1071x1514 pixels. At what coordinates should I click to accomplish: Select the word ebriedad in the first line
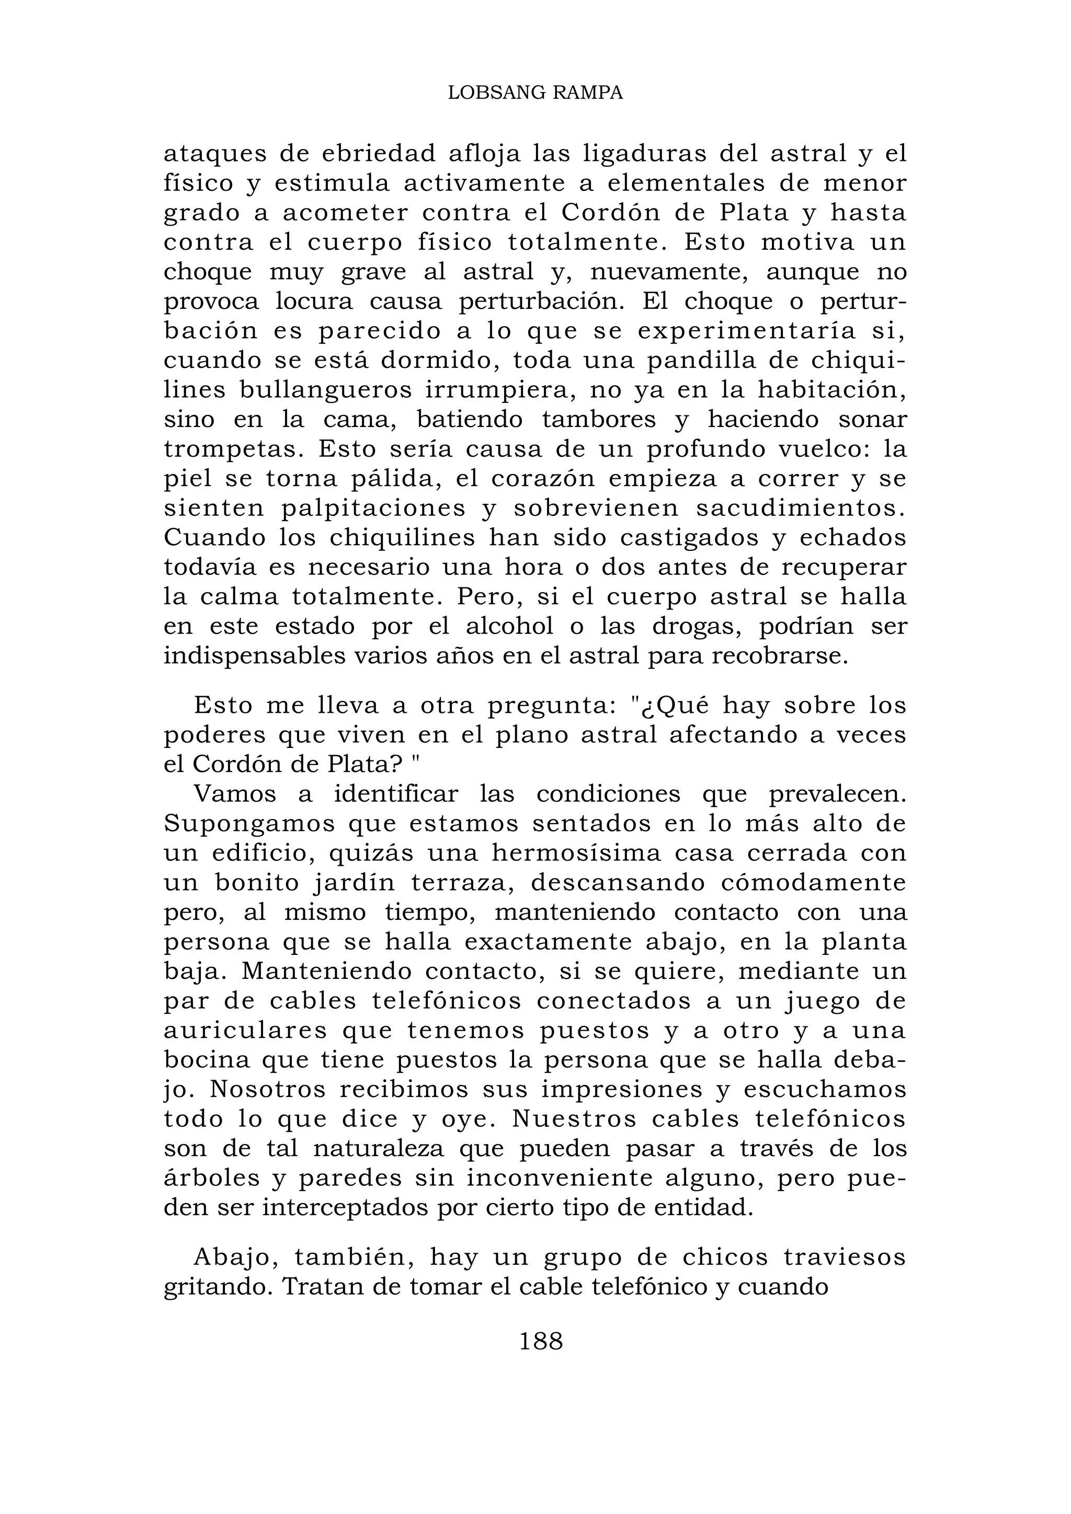(379, 154)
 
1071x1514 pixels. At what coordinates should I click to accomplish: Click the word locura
(314, 302)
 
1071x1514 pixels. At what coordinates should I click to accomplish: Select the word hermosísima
(576, 853)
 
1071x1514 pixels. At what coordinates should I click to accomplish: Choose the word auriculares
(245, 1031)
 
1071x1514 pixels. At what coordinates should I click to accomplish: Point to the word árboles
(211, 1178)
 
